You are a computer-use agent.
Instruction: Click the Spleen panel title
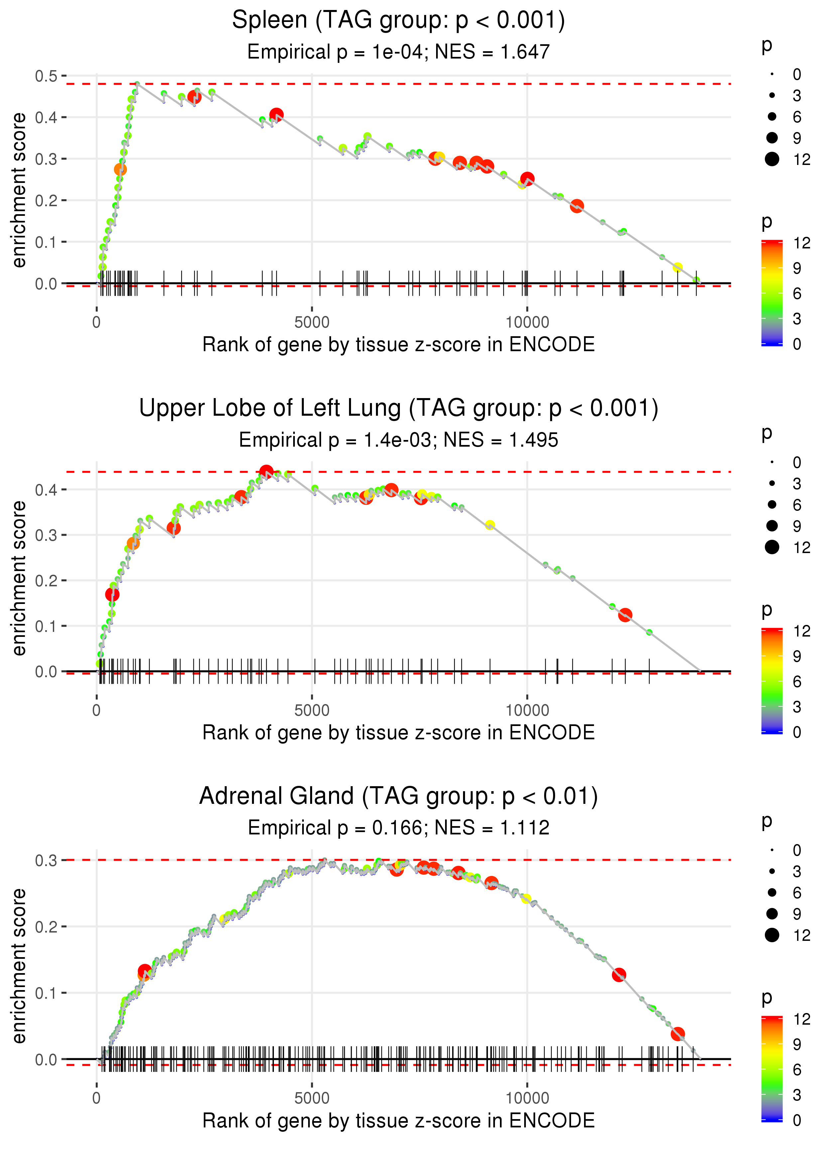pyautogui.click(x=398, y=21)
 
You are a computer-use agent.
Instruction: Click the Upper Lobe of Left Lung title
pyautogui.click(x=398, y=408)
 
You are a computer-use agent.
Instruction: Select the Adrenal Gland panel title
pyautogui.click(x=398, y=797)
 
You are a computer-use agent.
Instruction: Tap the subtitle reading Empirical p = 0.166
pyautogui.click(x=398, y=828)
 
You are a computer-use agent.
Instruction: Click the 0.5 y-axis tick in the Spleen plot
pyautogui.click(x=46, y=76)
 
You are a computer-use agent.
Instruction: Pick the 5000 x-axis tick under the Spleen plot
pyautogui.click(x=312, y=323)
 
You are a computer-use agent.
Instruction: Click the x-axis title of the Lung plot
pyautogui.click(x=398, y=733)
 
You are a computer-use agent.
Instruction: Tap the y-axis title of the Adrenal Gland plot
pyautogui.click(x=19, y=965)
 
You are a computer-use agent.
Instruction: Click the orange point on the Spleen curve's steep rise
pyautogui.click(x=120, y=169)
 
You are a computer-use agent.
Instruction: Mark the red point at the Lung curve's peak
pyautogui.click(x=266, y=472)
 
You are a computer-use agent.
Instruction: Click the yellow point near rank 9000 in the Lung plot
pyautogui.click(x=490, y=525)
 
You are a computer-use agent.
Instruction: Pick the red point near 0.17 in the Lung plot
pyautogui.click(x=112, y=594)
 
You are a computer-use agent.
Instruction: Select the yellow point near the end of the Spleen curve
pyautogui.click(x=677, y=267)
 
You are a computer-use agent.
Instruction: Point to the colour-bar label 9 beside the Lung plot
pyautogui.click(x=797, y=656)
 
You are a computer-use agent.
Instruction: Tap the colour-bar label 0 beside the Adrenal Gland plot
pyautogui.click(x=797, y=1120)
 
